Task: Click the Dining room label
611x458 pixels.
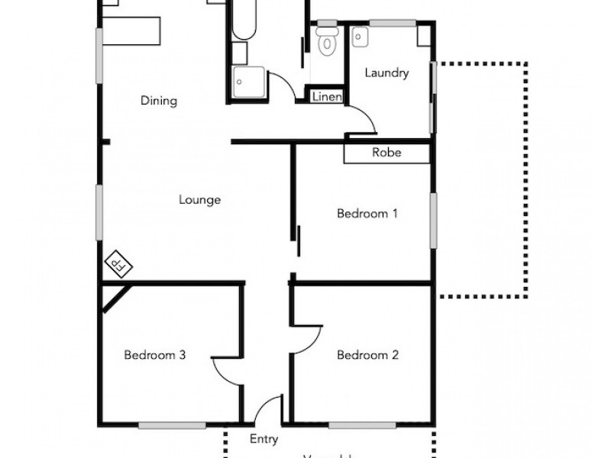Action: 159,101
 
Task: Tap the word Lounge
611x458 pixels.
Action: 200,200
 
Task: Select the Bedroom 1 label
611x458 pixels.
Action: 367,214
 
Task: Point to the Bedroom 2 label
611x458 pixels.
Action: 367,355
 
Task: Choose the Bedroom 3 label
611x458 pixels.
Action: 156,355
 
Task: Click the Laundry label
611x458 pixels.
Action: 386,73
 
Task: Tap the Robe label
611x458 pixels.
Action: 386,153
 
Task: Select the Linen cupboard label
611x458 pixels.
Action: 327,97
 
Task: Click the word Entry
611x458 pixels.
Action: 264,440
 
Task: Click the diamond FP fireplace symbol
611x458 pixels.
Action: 118,264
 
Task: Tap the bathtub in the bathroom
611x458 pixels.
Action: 244,19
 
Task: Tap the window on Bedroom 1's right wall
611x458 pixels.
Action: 433,220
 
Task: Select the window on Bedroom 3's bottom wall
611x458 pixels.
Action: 172,424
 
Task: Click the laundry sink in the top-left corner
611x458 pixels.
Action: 360,36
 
